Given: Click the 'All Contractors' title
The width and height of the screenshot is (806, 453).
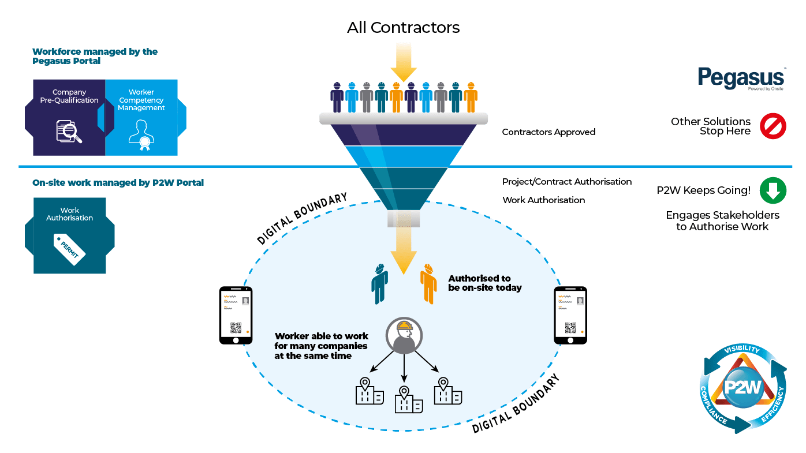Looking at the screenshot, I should pyautogui.click(x=403, y=27).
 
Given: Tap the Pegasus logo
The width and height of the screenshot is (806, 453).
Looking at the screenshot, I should pyautogui.click(x=741, y=78).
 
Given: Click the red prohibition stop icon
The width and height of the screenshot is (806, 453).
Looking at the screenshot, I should pyautogui.click(x=773, y=126).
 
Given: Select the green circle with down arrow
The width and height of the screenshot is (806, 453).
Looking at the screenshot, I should pyautogui.click(x=773, y=190).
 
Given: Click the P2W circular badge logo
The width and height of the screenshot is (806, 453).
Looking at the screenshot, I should pyautogui.click(x=743, y=387).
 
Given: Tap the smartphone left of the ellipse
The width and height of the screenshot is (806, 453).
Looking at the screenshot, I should pyautogui.click(x=236, y=315).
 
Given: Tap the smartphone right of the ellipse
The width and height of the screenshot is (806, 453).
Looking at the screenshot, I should pyautogui.click(x=570, y=315).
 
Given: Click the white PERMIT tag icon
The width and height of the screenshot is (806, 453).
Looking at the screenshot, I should pyautogui.click(x=69, y=248).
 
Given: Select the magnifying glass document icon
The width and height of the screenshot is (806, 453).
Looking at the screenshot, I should pyautogui.click(x=69, y=131).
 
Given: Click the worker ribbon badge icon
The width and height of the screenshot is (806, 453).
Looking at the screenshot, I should pyautogui.click(x=141, y=135).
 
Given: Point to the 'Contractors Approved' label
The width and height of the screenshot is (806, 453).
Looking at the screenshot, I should pyautogui.click(x=548, y=132).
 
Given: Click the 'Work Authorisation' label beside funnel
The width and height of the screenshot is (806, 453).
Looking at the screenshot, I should pyautogui.click(x=544, y=200).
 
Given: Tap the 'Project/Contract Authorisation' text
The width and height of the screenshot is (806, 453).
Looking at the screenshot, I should pyautogui.click(x=567, y=182).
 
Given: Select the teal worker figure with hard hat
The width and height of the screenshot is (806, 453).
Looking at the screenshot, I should pyautogui.click(x=379, y=284).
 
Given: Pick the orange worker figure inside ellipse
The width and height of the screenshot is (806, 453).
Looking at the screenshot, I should pyautogui.click(x=428, y=284).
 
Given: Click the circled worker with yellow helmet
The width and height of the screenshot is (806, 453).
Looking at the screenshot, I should pyautogui.click(x=404, y=335).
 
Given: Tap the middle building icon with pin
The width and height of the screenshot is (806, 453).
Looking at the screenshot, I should pyautogui.click(x=409, y=400).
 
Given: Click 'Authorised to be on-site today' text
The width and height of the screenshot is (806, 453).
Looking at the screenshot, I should pyautogui.click(x=485, y=283).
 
